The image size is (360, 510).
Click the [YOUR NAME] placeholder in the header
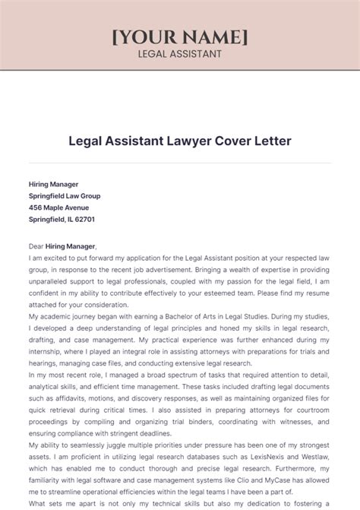click(x=179, y=37)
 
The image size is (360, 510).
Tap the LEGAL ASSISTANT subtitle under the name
click(x=179, y=54)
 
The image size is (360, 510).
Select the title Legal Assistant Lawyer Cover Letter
click(x=179, y=141)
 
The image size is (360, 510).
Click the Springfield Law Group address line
click(x=65, y=195)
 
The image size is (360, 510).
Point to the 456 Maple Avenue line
click(x=58, y=207)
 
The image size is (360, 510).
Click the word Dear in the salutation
click(x=37, y=246)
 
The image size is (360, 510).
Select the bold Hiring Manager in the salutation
click(x=71, y=246)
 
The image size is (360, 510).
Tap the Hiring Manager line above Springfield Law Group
click(x=54, y=184)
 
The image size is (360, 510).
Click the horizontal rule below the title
click(x=179, y=163)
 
